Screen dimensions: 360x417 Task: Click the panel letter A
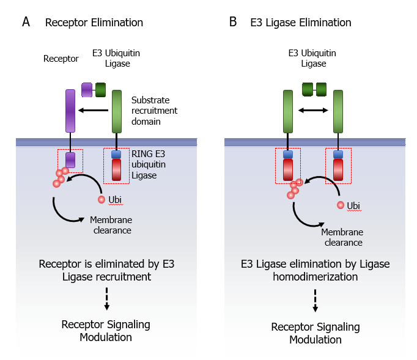click(x=26, y=23)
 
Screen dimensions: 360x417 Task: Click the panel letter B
click(x=233, y=23)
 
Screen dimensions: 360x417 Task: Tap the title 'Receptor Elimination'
click(x=94, y=23)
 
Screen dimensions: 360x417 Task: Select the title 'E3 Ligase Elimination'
click(x=301, y=23)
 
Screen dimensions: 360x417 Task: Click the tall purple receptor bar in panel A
click(x=70, y=111)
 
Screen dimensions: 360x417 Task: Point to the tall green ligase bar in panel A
click(x=117, y=111)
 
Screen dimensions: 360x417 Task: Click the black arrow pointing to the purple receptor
click(x=94, y=111)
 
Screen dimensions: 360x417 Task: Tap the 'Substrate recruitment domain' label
click(x=154, y=111)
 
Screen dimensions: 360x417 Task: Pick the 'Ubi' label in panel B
click(x=353, y=205)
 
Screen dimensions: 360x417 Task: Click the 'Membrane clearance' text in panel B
click(x=342, y=237)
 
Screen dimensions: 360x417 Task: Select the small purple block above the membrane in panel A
click(x=86, y=90)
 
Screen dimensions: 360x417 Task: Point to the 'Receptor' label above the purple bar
click(x=61, y=59)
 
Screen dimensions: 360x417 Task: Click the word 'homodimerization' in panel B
click(x=315, y=277)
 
